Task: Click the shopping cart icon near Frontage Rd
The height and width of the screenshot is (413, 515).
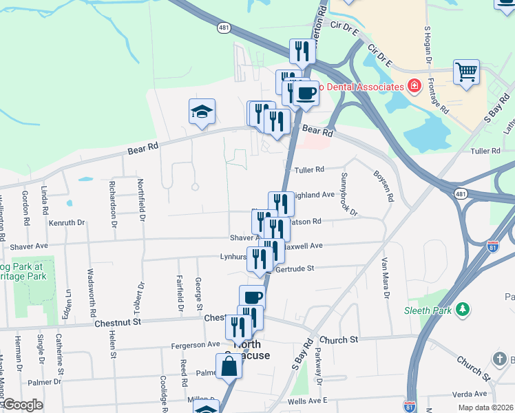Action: tap(467, 72)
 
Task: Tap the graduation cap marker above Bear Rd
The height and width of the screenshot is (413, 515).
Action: tap(202, 111)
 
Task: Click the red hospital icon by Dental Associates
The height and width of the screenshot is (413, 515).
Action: tap(414, 86)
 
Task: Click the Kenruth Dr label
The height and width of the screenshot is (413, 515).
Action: tap(67, 223)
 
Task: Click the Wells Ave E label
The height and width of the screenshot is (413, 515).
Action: tap(307, 401)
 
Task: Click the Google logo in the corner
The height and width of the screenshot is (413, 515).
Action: tap(22, 405)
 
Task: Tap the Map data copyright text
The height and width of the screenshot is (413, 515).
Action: tap(485, 407)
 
